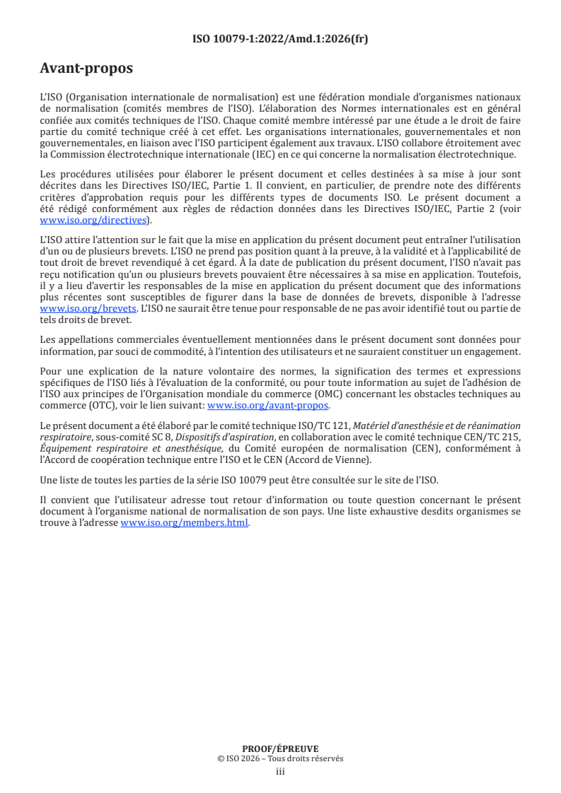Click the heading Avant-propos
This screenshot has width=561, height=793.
click(x=86, y=69)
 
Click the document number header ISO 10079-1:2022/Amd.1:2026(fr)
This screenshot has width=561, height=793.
click(x=280, y=39)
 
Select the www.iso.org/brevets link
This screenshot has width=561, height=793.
click(x=88, y=309)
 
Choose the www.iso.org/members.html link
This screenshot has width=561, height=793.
click(x=185, y=523)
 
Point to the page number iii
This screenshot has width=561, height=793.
click(x=280, y=771)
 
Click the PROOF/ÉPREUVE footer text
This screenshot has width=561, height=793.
click(x=280, y=748)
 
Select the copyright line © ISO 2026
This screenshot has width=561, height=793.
click(x=280, y=758)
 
